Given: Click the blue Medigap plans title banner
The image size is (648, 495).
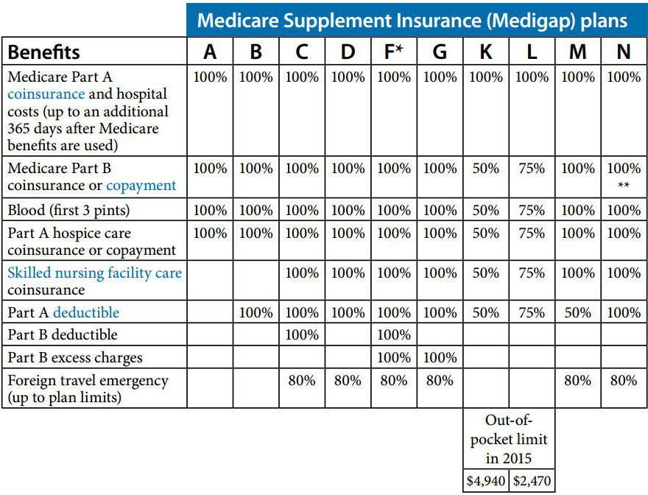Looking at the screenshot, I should click(413, 19).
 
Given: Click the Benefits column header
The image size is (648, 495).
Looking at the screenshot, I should click(44, 52).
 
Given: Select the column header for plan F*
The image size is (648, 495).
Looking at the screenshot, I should click(394, 52).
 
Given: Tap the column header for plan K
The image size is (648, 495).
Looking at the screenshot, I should click(485, 52).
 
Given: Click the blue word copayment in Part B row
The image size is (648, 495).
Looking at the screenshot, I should click(141, 186).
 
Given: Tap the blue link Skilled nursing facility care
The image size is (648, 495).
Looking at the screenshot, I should click(94, 273).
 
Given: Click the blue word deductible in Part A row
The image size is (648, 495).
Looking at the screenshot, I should click(85, 312).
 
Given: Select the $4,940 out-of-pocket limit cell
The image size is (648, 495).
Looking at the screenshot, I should click(485, 482).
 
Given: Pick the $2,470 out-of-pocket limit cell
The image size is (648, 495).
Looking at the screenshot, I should click(531, 482).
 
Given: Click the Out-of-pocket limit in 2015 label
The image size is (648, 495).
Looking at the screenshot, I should click(508, 439).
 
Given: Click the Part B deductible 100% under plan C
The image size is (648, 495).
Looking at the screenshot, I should click(302, 334).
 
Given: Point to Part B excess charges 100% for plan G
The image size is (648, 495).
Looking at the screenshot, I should click(440, 358).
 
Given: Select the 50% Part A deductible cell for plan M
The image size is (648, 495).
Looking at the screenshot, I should click(577, 312).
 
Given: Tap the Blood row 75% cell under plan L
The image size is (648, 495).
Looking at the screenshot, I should click(531, 211).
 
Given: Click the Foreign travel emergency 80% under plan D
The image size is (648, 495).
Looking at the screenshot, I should click(348, 381).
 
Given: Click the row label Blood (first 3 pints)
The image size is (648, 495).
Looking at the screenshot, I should click(68, 211).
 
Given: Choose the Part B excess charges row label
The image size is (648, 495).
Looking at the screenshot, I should click(75, 358).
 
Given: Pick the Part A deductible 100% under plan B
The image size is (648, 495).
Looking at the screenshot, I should click(256, 312).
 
